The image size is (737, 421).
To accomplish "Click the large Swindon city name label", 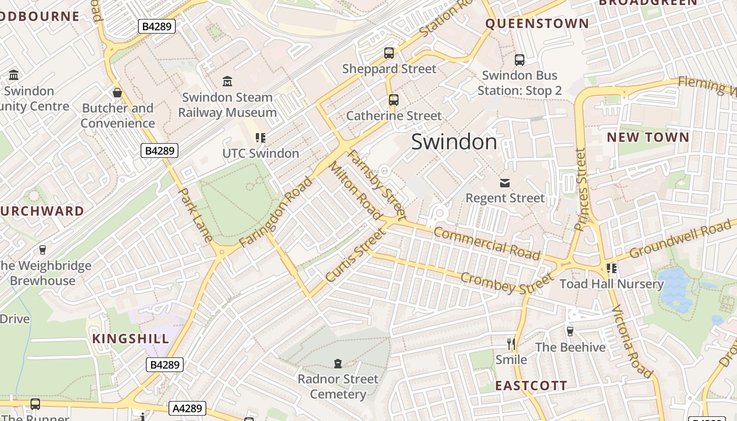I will click(x=454, y=142).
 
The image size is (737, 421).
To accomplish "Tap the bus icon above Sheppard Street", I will click(x=389, y=53).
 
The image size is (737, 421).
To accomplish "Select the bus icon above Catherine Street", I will click(x=393, y=100).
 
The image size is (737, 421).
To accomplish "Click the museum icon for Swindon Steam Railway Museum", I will click(x=227, y=81).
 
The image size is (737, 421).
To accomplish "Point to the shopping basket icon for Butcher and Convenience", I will click(x=117, y=93).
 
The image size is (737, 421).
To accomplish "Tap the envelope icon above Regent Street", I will click(x=505, y=183).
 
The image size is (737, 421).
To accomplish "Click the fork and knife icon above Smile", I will click(x=511, y=344).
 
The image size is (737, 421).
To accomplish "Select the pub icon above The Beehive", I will click(x=570, y=332).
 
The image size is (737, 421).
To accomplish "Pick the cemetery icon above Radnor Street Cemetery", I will click(x=338, y=363).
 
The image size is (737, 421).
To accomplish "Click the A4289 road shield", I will click(x=187, y=408).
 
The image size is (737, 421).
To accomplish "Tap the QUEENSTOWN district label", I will click(x=537, y=24).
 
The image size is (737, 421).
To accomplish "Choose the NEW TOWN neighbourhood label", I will click(x=648, y=138).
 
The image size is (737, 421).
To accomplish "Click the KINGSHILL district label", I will click(x=131, y=338).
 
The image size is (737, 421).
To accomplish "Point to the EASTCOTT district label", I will click(x=531, y=386).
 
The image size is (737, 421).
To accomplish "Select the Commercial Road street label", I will click(x=487, y=243).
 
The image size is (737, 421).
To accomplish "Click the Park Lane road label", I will click(x=196, y=215).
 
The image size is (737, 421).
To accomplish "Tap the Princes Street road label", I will click(x=580, y=189).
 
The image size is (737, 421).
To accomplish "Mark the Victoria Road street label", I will click(x=632, y=340).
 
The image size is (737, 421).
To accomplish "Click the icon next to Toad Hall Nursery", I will click(x=611, y=268).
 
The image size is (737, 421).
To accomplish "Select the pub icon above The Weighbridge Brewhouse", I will click(x=43, y=250).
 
